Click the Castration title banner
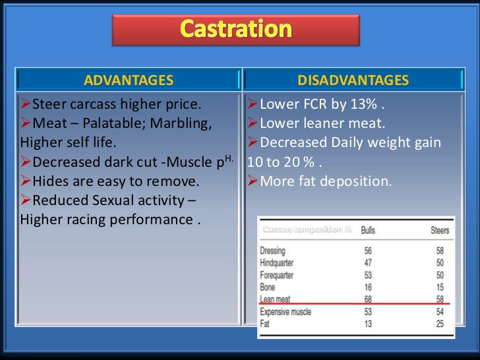click(236, 30)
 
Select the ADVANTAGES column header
click(129, 80)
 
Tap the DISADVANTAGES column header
click(353, 80)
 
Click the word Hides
click(47, 181)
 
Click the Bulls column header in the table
click(368, 230)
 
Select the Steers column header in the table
click(439, 230)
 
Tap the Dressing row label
click(273, 251)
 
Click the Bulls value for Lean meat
click(367, 299)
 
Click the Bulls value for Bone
click(367, 287)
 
